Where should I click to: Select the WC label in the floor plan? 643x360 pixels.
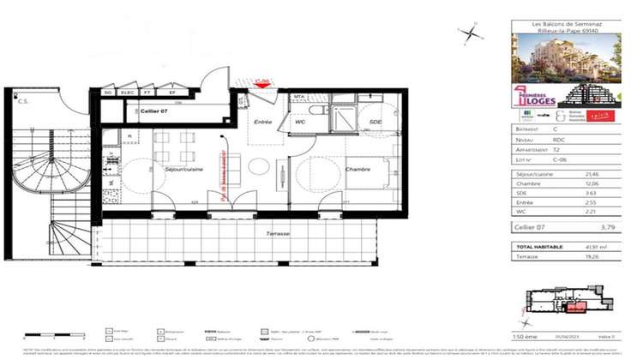pos(301,123)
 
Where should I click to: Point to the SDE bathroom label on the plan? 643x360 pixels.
pos(374,123)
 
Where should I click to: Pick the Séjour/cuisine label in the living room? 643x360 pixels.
pos(183,170)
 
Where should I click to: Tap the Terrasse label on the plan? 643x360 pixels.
pos(277,234)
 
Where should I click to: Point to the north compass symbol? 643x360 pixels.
pos(470,34)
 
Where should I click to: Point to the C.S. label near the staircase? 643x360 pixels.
pos(24,100)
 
